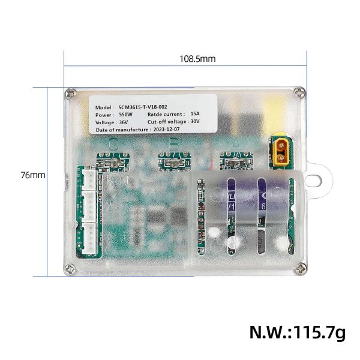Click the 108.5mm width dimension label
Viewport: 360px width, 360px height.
(x=197, y=59)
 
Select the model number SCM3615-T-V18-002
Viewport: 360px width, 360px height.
(x=147, y=105)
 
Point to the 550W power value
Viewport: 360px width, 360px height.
(x=125, y=113)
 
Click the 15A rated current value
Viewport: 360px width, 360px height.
(x=195, y=113)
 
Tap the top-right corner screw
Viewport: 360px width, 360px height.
(x=298, y=92)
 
